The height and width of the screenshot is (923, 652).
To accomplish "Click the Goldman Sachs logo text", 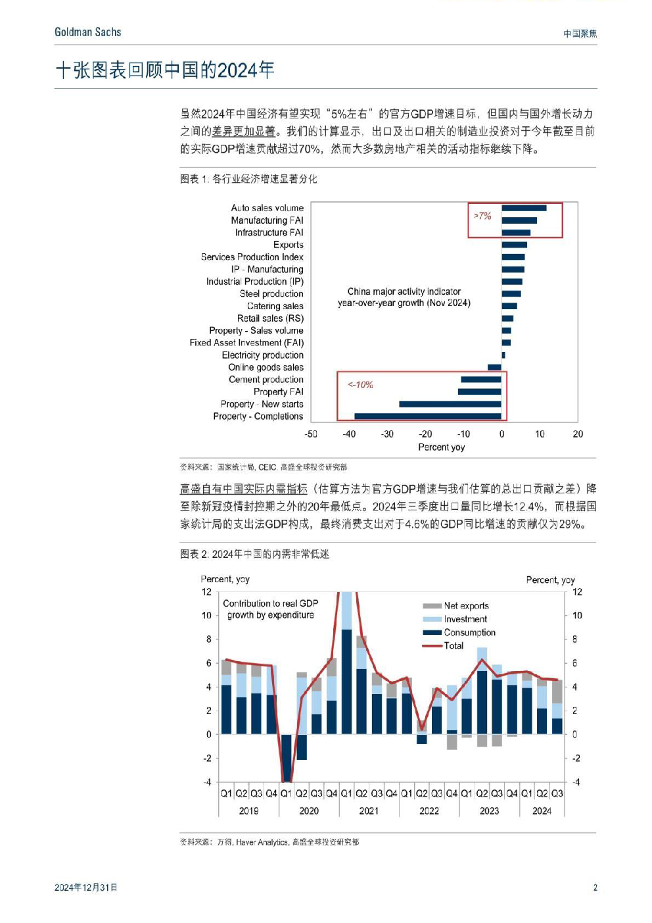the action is pos(87,32).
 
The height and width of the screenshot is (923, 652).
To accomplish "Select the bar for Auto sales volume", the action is pos(524,208).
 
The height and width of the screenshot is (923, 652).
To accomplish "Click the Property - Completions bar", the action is pos(428,416).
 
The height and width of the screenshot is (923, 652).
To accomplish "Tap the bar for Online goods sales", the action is pos(494,367).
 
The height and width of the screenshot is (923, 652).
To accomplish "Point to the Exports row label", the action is pos(288,245).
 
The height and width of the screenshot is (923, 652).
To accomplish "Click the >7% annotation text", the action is pos(482,216).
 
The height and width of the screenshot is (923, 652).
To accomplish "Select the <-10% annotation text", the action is pos(360,385).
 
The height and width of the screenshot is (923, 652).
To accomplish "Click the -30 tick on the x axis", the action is pos(387,434).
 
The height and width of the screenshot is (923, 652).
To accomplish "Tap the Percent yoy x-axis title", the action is pos(441,447).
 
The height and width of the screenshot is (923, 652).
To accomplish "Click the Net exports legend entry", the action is pos(455,606).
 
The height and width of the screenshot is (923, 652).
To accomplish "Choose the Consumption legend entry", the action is pos(459,632).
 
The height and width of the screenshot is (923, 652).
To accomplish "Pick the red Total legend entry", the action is pos(443,645).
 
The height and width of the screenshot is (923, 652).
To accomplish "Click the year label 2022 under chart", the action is pos(429,811).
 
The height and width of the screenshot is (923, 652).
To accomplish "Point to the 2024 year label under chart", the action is pos(542,811).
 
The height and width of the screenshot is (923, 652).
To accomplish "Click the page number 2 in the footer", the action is pos(595,887).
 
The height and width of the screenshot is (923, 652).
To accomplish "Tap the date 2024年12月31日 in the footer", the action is pos(85,887).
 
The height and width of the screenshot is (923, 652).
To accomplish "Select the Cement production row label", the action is pos(266,380).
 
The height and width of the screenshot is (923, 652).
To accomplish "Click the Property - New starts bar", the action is pos(450,404).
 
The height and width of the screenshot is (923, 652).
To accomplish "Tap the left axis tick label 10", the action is pos(206,616).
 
